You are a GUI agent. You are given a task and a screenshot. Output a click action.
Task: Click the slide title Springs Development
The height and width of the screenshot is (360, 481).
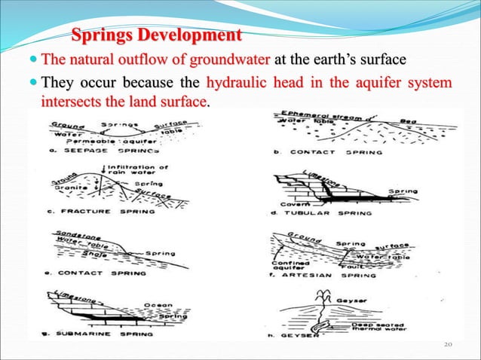tap(157, 35)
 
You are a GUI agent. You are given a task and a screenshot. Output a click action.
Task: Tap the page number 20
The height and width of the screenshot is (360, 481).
tap(451, 345)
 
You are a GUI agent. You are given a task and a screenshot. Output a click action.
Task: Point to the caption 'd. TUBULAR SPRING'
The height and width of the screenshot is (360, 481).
tap(317, 212)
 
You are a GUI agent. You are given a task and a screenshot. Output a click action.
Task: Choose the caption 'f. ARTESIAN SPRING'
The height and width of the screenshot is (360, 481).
tap(321, 276)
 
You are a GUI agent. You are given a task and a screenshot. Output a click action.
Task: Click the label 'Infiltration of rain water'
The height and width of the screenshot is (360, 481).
tap(135, 172)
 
